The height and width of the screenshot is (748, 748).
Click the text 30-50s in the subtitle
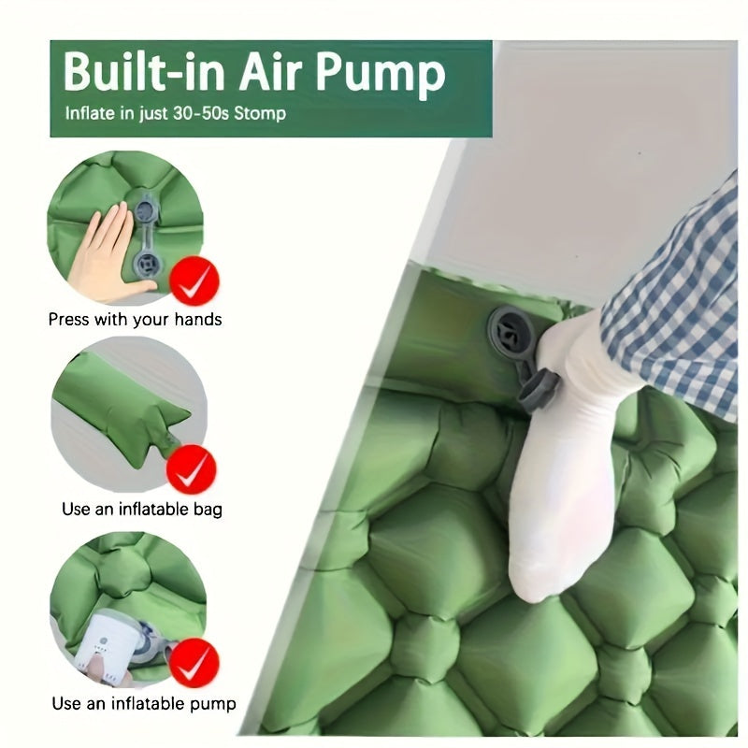pos(200,113)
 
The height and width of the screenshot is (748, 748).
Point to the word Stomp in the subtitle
pos(260,114)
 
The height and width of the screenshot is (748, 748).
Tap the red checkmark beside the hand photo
pos(194,280)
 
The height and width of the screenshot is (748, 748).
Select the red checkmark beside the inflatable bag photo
pos(192,469)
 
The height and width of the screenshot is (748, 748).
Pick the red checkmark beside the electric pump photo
pos(194,663)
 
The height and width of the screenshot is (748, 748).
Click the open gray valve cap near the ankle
pos(539,390)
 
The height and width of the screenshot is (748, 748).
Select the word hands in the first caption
pos(198,319)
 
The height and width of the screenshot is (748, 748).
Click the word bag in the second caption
pos(208,510)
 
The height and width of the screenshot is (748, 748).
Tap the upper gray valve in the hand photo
pos(146,209)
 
